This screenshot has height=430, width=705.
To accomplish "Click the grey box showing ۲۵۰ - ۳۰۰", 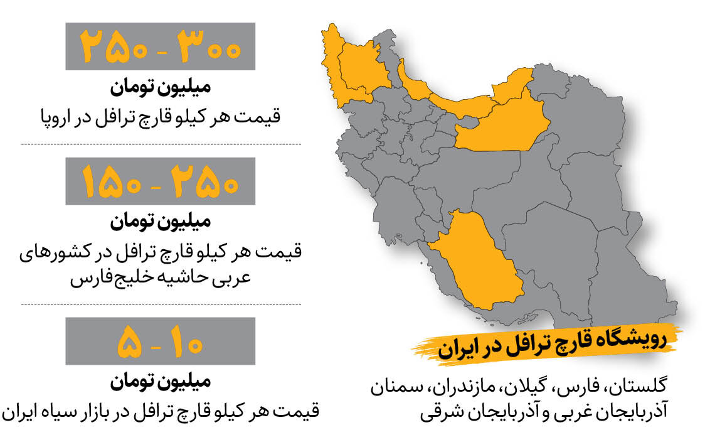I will click(x=161, y=46).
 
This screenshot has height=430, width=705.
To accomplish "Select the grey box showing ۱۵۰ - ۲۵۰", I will click(x=161, y=181).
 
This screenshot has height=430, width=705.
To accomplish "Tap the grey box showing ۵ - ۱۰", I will click(x=161, y=341).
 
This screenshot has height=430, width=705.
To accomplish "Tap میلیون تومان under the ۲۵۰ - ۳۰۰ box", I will click(x=161, y=88).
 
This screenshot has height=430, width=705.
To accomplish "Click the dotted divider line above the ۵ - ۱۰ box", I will click(x=161, y=304).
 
